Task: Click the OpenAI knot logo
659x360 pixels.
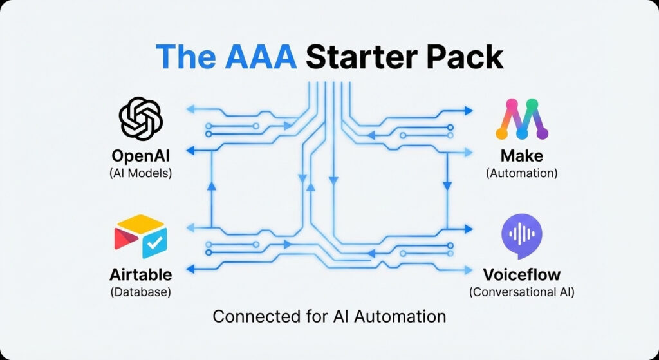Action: [x=141, y=118]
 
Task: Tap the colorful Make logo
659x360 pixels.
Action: [x=521, y=119]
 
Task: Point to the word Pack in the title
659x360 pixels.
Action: [x=465, y=58]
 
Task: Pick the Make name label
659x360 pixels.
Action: [x=521, y=156]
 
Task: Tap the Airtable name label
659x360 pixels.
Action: [x=141, y=274]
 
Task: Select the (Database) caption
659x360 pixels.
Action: [x=141, y=291]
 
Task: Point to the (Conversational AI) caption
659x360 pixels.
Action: [x=521, y=291]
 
